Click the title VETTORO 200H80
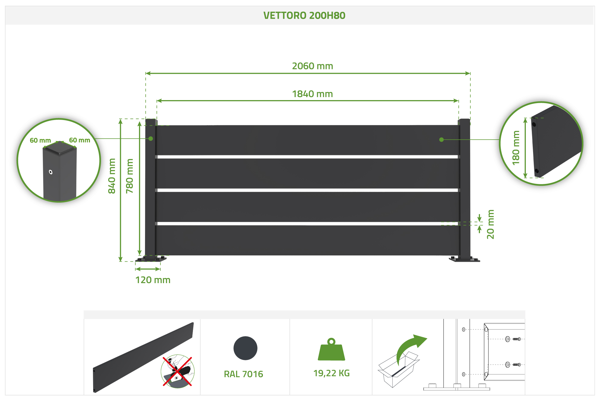tap(304, 15)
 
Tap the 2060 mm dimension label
tap(312, 66)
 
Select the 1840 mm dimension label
tap(312, 94)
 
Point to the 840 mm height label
tap(112, 176)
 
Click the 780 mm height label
tap(130, 176)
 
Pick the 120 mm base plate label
tap(153, 280)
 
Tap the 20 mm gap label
tap(491, 224)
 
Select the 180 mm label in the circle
tap(516, 148)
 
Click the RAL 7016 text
tap(243, 374)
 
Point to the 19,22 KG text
tap(331, 373)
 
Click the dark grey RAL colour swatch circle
tap(245, 348)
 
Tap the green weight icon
tap(331, 349)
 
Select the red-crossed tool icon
tap(178, 371)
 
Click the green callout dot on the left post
tap(151, 139)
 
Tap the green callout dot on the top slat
tap(441, 140)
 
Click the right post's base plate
tap(464, 259)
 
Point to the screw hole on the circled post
tap(51, 172)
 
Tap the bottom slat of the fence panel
tap(308, 240)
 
